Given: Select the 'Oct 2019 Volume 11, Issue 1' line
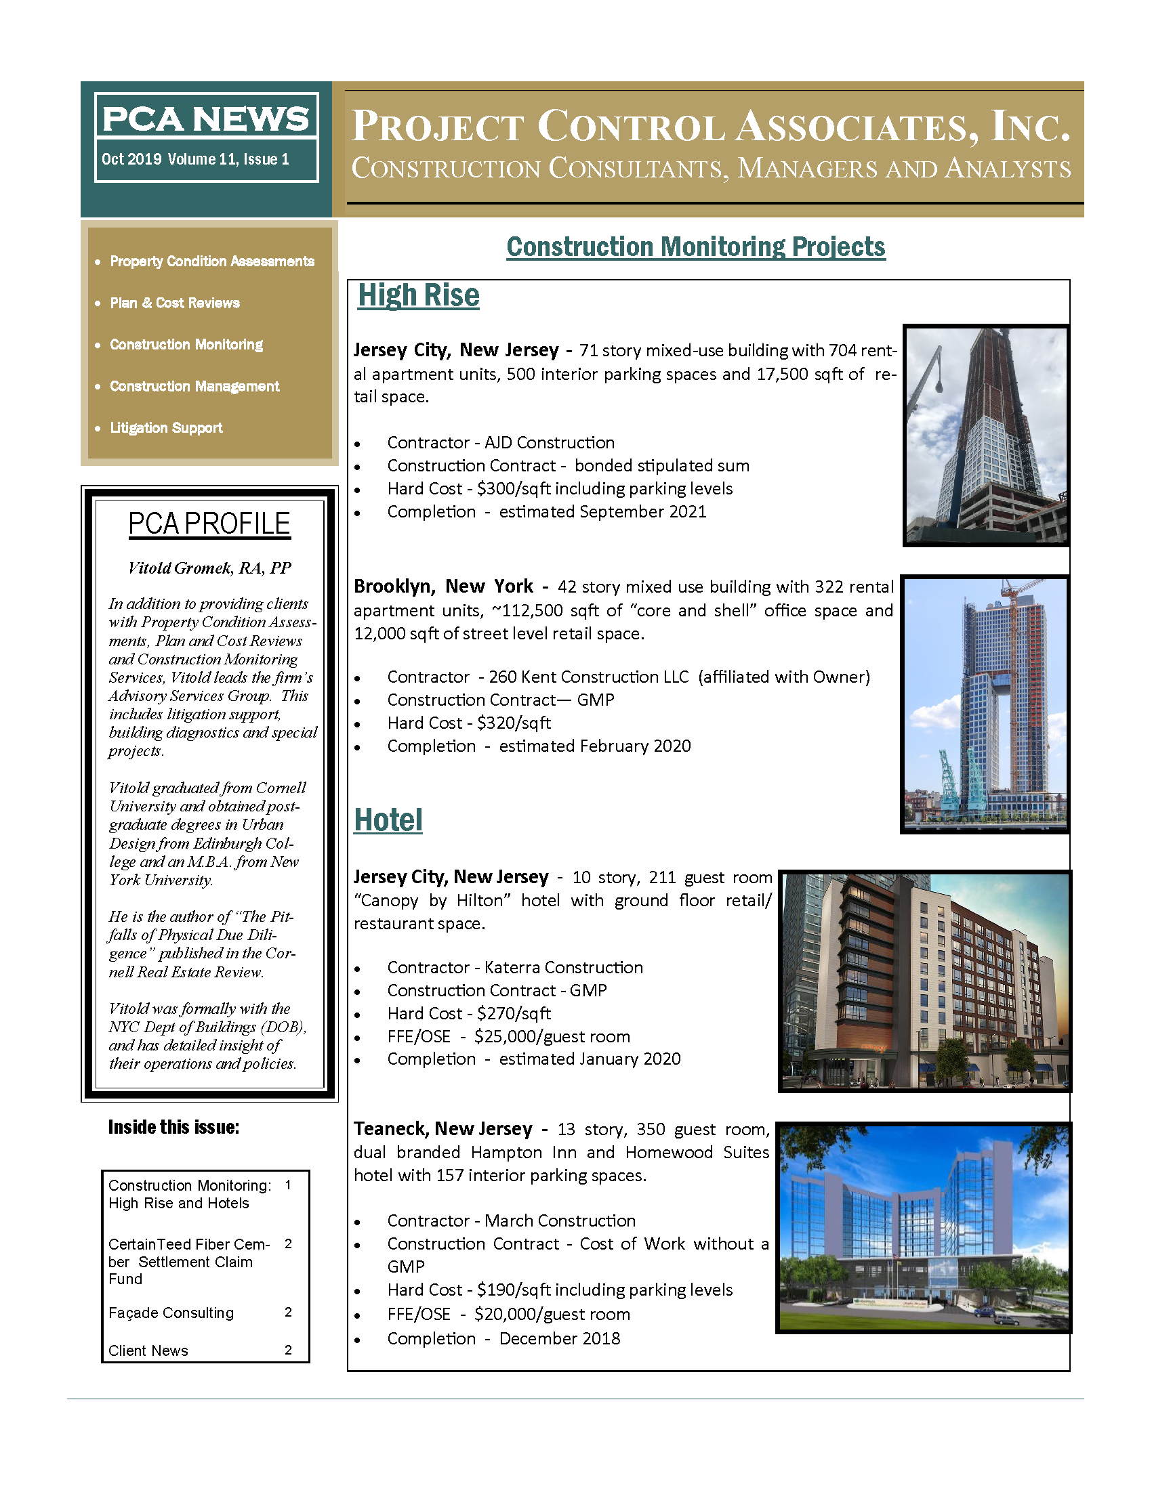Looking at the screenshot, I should [x=195, y=160].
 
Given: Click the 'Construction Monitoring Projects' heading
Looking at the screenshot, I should [x=695, y=247].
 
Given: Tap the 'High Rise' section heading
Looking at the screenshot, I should [x=418, y=295].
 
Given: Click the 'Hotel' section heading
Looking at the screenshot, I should [x=388, y=820].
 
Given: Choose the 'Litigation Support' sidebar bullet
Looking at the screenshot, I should [x=166, y=428].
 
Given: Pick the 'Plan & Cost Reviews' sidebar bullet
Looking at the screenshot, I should [x=175, y=303].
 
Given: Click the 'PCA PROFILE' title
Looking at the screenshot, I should [x=209, y=524].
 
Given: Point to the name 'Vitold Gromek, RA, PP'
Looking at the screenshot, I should [x=209, y=568].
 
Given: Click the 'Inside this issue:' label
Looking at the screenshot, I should [x=173, y=1127].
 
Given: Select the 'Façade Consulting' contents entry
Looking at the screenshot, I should [x=171, y=1313].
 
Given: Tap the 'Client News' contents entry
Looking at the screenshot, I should [x=148, y=1350].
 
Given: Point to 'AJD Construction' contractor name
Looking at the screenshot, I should [x=550, y=443].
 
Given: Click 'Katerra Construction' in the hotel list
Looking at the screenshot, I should [x=563, y=967].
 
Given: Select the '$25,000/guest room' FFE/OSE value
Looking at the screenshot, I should [x=552, y=1036].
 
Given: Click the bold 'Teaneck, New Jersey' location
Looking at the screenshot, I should [x=443, y=1129].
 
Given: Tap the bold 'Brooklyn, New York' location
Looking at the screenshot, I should [x=443, y=587].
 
